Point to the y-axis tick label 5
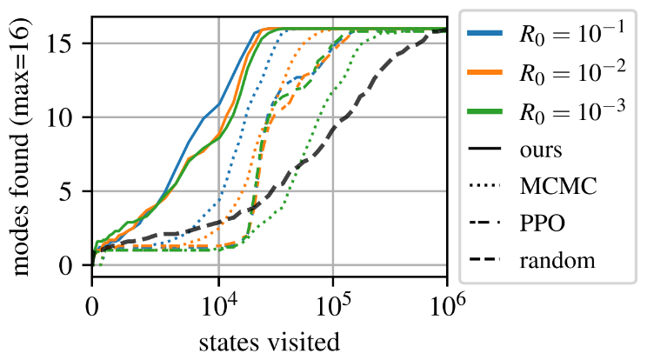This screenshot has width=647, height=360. pyautogui.click(x=73, y=191)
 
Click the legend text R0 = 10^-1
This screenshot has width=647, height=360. pyautogui.click(x=577, y=33)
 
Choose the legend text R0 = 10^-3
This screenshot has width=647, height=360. pyautogui.click(x=577, y=110)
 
